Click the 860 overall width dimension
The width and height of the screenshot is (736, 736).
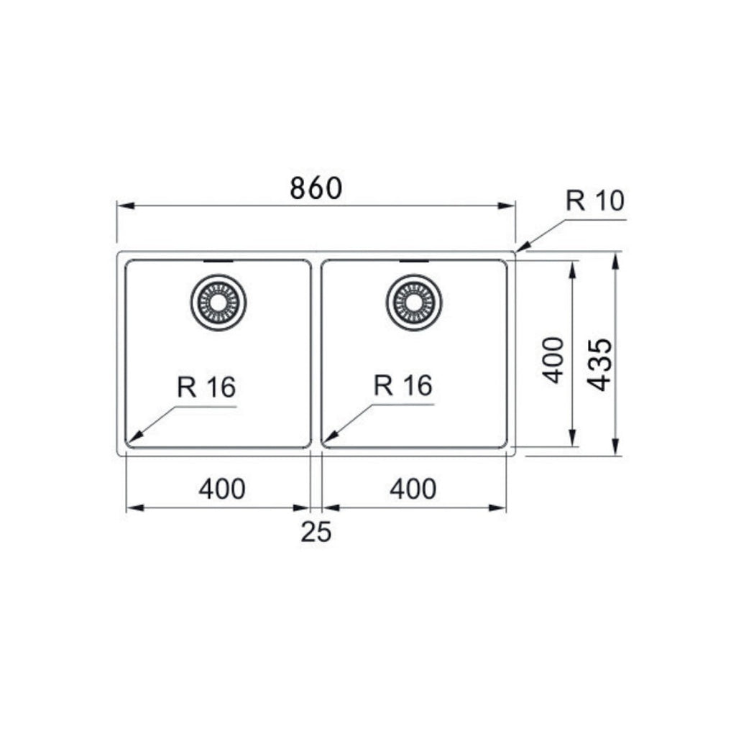316,188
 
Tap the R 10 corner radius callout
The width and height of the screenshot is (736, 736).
594,201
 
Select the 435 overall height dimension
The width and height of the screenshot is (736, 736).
600,365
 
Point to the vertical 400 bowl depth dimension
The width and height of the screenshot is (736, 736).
553,360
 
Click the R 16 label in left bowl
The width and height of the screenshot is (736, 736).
206,387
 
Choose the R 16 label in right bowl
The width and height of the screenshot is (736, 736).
402,385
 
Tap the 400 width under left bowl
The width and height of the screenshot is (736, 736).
222,489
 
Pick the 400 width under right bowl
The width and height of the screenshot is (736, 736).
413,489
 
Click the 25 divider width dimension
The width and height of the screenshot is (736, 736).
316,532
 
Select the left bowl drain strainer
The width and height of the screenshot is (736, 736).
218,303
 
